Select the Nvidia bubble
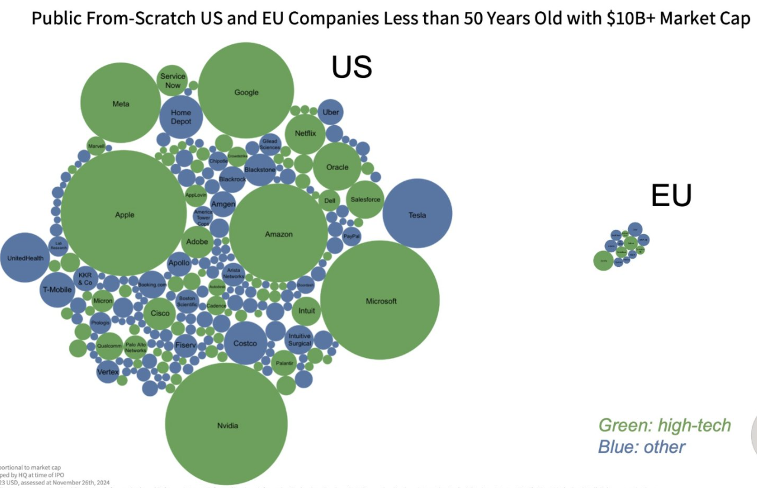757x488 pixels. tap(227, 424)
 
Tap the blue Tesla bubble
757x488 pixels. tap(418, 214)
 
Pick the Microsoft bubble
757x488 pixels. tap(380, 300)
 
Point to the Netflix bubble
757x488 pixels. tap(305, 134)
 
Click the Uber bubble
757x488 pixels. tap(331, 112)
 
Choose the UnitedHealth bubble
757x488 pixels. tap(25, 258)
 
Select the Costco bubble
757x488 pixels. tap(245, 343)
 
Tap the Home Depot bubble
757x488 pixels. tap(181, 117)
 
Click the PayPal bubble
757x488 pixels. tap(352, 236)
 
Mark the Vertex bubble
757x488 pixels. tap(108, 372)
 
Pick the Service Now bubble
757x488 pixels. tap(173, 80)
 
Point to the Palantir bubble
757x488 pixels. tap(284, 363)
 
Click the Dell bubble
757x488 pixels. tap(330, 201)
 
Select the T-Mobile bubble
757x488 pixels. tap(57, 289)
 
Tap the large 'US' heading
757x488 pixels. tap(351, 67)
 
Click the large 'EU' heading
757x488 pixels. tap(671, 196)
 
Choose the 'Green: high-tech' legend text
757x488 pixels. tap(665, 425)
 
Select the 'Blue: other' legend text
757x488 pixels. tap(642, 447)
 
